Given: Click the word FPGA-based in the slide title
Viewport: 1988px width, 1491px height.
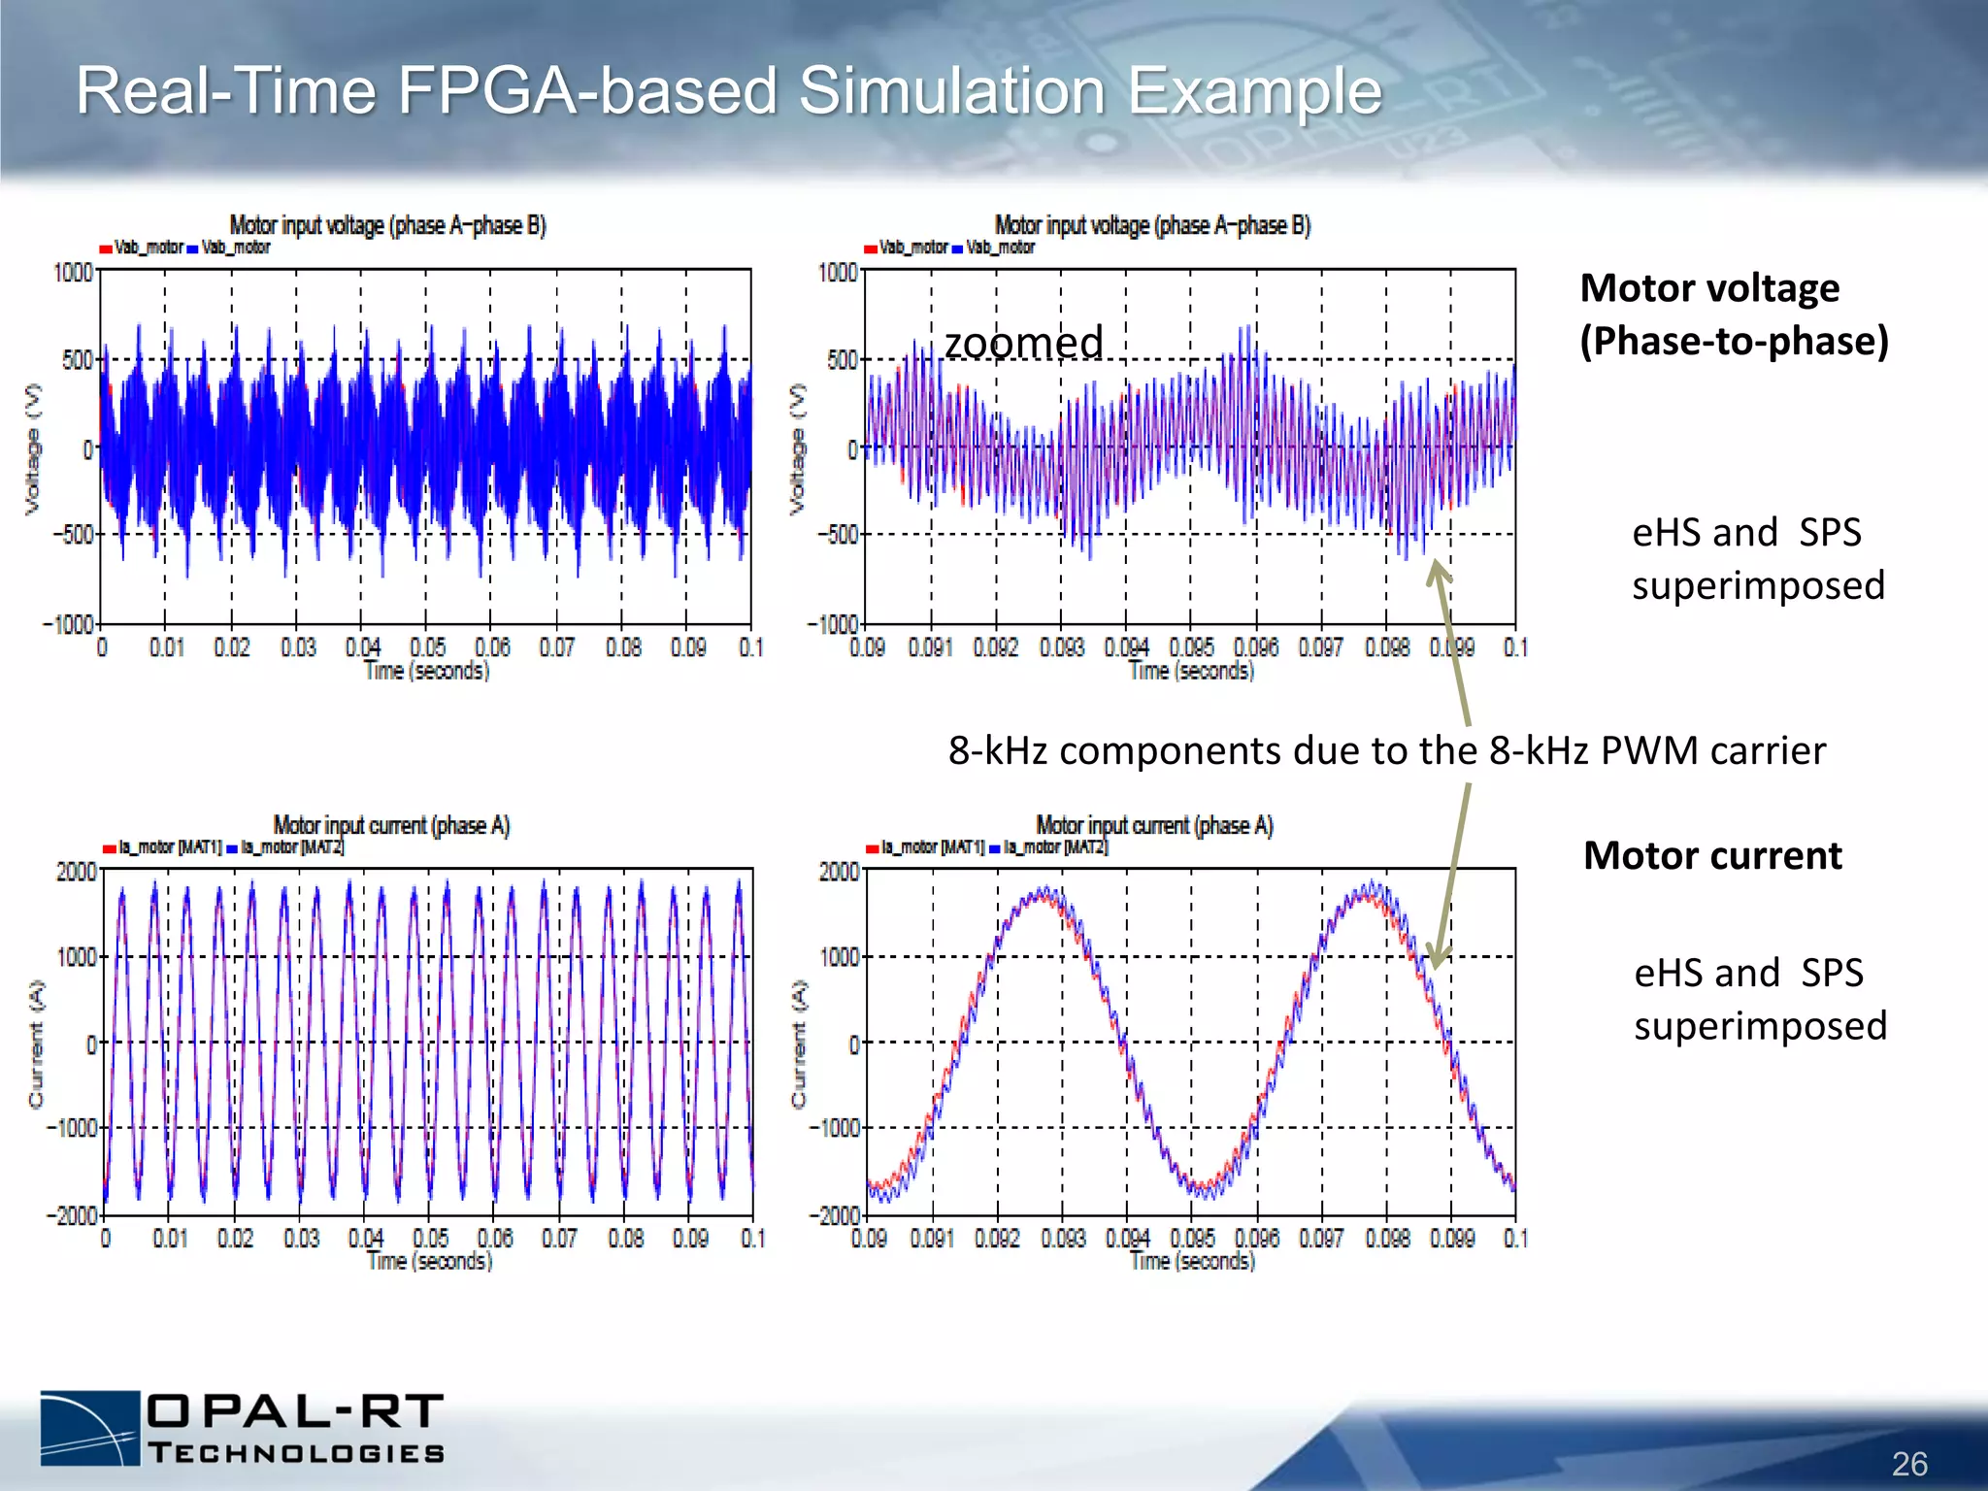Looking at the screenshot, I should [x=587, y=90].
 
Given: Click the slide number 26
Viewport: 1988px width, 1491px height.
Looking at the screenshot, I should [x=1908, y=1464].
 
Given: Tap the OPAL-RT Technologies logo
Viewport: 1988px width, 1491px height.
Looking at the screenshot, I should [x=243, y=1427].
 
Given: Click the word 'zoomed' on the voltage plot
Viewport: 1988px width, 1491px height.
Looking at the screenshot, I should [x=1023, y=343].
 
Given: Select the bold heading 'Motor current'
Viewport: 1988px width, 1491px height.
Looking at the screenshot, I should [x=1712, y=855].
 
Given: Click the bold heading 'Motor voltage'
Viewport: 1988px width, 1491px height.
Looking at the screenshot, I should [x=1709, y=288].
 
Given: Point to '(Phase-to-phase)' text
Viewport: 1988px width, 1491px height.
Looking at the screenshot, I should [x=1734, y=341].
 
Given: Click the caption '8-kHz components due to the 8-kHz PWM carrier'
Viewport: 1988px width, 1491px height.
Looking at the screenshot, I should [x=1386, y=750].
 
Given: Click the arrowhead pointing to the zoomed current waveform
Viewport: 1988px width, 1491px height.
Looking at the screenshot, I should [x=1437, y=958].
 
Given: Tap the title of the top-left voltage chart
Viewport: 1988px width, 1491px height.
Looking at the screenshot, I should [x=387, y=225].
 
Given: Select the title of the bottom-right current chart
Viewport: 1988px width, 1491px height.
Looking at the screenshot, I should [x=1154, y=825].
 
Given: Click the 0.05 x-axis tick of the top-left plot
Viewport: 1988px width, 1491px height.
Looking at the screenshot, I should [x=427, y=647].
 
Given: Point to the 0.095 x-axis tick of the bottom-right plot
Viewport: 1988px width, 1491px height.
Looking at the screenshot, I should [x=1192, y=1238].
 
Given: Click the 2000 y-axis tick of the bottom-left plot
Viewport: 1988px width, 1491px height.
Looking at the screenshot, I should [x=76, y=871].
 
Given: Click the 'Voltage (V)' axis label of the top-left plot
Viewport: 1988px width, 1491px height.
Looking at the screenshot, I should [x=33, y=448].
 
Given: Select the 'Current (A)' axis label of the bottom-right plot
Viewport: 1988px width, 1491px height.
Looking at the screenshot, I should [x=798, y=1044].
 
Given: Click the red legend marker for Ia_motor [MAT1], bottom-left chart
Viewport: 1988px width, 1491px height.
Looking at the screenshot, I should [x=110, y=848].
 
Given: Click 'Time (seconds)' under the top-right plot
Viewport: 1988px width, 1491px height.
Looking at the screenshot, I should [x=1191, y=671].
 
